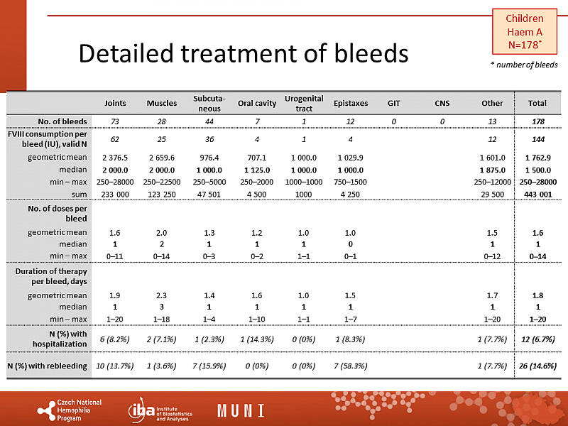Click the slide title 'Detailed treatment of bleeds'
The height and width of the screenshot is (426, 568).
pos(243,53)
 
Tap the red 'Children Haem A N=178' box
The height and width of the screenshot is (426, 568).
pos(525,32)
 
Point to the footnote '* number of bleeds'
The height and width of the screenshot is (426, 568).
pos(525,65)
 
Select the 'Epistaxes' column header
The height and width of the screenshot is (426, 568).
pos(351,103)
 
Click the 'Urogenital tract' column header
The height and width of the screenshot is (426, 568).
pos(304,103)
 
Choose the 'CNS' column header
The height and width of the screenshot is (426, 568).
pos(442,103)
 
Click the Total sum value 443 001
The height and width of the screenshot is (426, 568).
pos(532,194)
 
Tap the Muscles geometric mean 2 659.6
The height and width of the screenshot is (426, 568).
pos(162,158)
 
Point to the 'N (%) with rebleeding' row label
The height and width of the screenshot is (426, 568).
pos(47,366)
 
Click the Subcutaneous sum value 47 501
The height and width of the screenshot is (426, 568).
pos(209,194)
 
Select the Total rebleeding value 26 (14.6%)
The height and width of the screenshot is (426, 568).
pos(532,366)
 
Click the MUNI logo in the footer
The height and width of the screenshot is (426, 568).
pos(241,410)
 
